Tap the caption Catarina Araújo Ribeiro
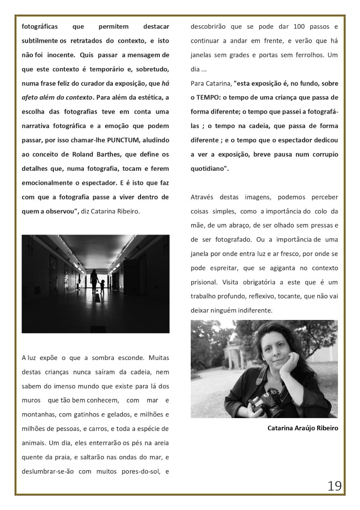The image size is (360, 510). pos(302,428)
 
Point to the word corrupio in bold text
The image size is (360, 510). pos(321,154)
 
